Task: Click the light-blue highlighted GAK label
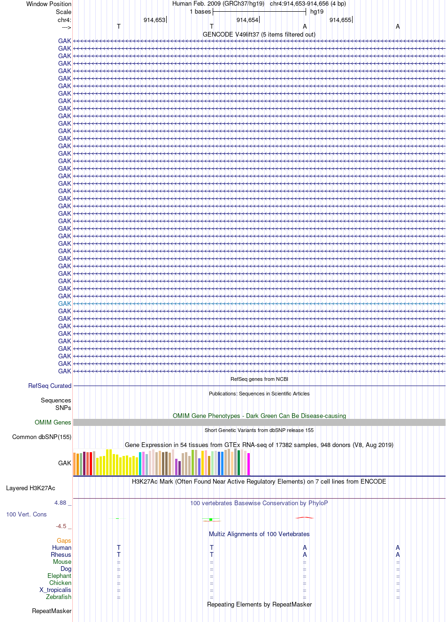64,303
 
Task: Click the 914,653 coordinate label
154,20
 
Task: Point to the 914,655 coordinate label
340,20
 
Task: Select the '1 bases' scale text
200,12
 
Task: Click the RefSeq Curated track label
50,386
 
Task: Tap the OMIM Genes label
53,422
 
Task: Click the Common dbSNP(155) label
42,437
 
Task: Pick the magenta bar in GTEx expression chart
249,464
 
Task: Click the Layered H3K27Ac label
31,488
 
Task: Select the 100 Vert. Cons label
26,514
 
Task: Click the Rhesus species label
61,554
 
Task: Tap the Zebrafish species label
59,597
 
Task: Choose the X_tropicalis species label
55,590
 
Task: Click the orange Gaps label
64,540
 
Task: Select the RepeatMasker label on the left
52,611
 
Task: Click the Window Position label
49,4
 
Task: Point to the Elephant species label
59,576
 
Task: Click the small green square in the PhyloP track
211,519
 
